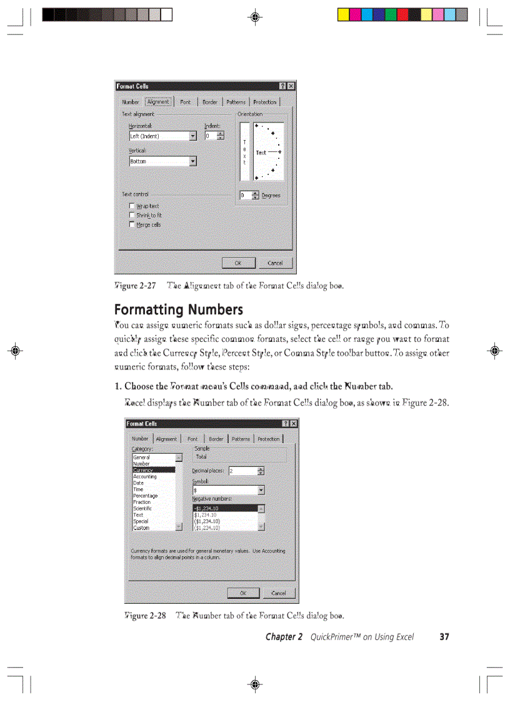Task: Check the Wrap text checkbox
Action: coord(132,206)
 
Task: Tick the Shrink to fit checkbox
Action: coord(132,215)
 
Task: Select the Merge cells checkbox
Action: coord(132,224)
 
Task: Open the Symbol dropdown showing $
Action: coord(228,491)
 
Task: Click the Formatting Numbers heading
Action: coord(178,310)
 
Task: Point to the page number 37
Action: coord(444,637)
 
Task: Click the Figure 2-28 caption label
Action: coord(144,616)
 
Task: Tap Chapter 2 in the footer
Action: coord(284,637)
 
